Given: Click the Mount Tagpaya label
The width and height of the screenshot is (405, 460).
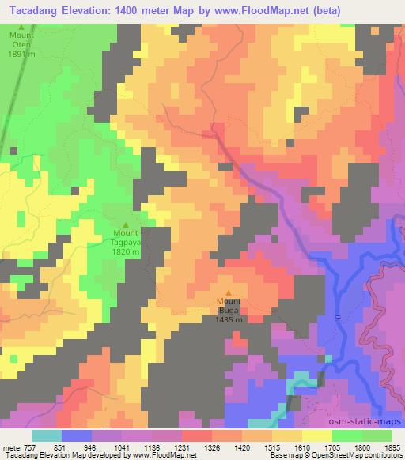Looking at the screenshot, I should (x=125, y=239).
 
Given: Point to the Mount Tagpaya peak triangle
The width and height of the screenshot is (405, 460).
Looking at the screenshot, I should (x=125, y=224).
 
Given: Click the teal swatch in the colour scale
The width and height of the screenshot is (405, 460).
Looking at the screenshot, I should (x=47, y=435).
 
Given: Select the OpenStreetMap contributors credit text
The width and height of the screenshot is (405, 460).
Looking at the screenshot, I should (x=362, y=455).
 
